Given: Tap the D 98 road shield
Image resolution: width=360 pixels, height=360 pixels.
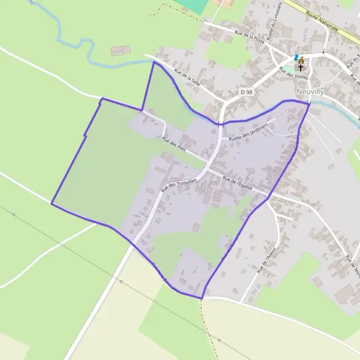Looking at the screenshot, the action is tap(246, 92).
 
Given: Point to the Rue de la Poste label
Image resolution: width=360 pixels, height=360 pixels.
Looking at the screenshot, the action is tap(250, 38).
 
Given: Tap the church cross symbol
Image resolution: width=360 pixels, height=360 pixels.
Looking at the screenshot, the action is tap(301, 68).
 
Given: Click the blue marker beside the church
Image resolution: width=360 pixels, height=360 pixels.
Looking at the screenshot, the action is tap(296, 56).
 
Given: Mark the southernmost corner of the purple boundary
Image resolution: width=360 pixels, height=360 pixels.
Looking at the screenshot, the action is tap(202, 298).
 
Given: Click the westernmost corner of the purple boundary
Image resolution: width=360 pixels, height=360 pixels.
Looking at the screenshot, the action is tap(52, 204).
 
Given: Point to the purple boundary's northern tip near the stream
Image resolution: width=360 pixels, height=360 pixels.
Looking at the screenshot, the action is tap(154, 61).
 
